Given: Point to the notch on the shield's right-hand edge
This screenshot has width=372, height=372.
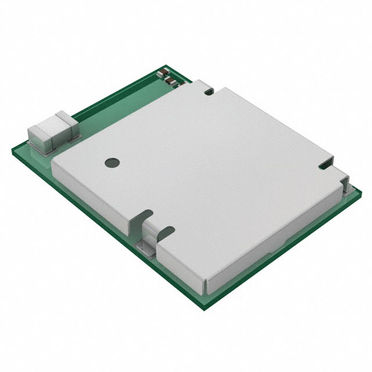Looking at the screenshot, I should coord(325,167).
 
